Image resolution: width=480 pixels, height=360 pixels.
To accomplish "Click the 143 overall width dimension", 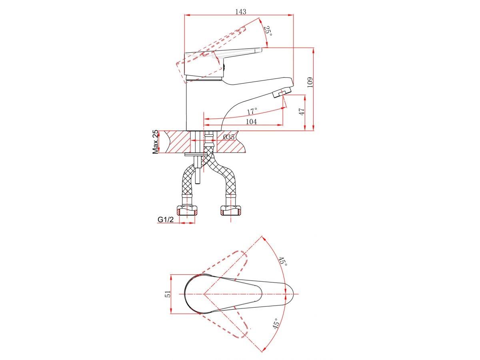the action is (240, 12).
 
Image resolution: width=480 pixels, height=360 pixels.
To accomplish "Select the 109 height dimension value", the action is (310, 82).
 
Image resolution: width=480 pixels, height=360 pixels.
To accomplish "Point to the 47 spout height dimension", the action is (302, 112).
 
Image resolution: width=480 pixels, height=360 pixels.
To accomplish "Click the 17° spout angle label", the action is (252, 112).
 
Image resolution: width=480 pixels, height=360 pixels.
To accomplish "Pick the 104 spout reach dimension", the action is (252, 122).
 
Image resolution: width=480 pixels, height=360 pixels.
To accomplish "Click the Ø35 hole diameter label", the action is (228, 137).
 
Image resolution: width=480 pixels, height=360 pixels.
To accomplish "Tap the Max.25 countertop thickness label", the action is (155, 142).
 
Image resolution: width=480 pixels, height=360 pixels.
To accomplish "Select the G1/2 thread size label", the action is (166, 219).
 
